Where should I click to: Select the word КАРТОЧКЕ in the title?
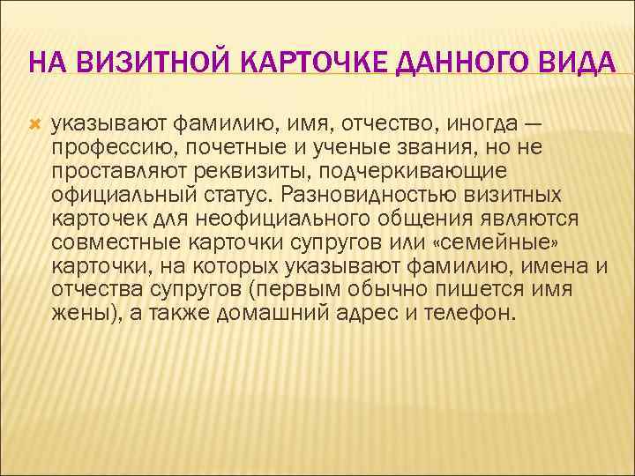[x=315, y=64]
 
